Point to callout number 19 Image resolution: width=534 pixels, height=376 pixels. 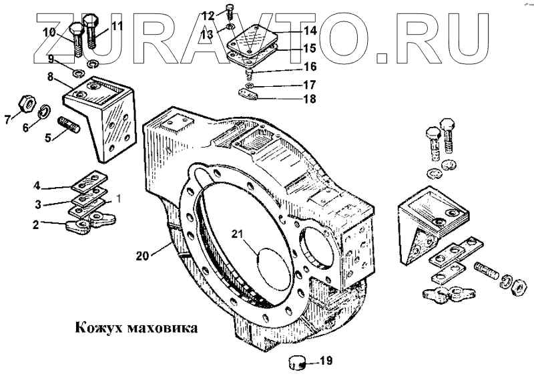click(x=325, y=361)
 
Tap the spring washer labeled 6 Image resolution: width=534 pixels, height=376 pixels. click(x=44, y=110)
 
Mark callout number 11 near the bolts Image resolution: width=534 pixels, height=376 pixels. click(x=117, y=26)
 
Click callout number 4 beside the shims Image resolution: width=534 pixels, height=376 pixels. click(x=39, y=185)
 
